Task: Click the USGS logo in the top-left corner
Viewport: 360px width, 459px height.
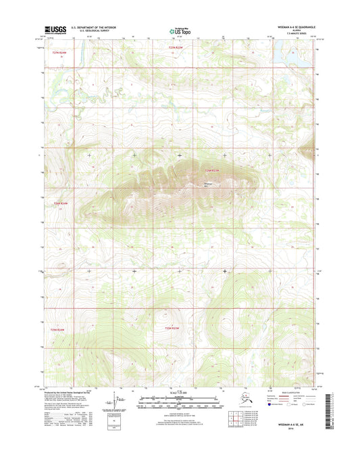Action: [x=56, y=30]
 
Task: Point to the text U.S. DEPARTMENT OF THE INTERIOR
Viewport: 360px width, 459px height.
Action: [x=95, y=28]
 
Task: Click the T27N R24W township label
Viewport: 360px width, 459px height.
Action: [x=61, y=51]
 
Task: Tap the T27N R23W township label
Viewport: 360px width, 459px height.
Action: [x=176, y=48]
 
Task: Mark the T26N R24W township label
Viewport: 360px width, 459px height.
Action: [x=61, y=202]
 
